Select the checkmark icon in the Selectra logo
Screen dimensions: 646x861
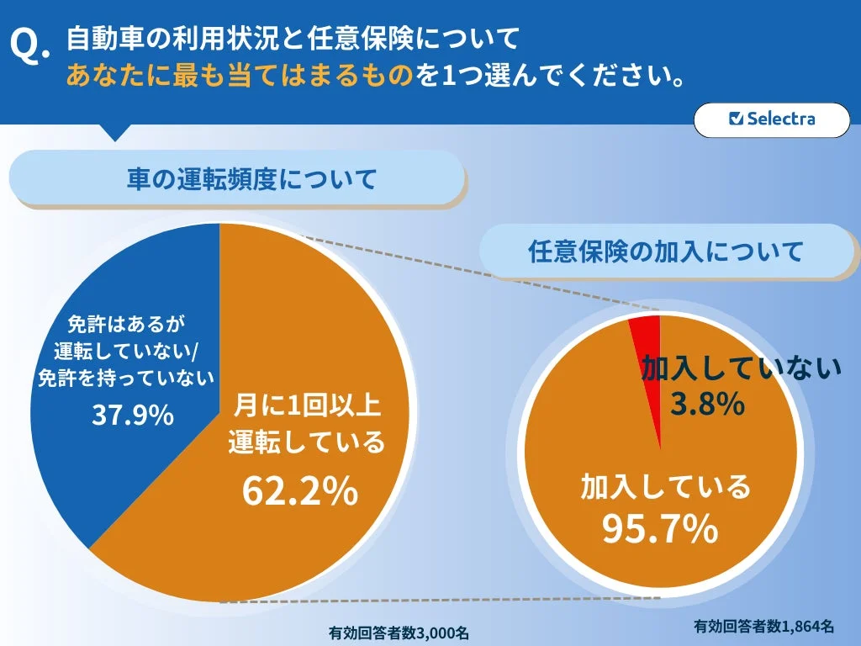point(737,119)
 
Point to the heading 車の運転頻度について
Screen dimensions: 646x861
point(238,178)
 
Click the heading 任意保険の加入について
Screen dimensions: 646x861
point(666,251)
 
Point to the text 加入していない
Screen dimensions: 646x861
point(742,369)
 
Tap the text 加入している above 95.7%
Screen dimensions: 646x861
point(664,486)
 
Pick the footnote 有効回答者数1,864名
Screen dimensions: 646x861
point(763,626)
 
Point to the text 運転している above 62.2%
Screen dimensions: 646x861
point(306,442)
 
